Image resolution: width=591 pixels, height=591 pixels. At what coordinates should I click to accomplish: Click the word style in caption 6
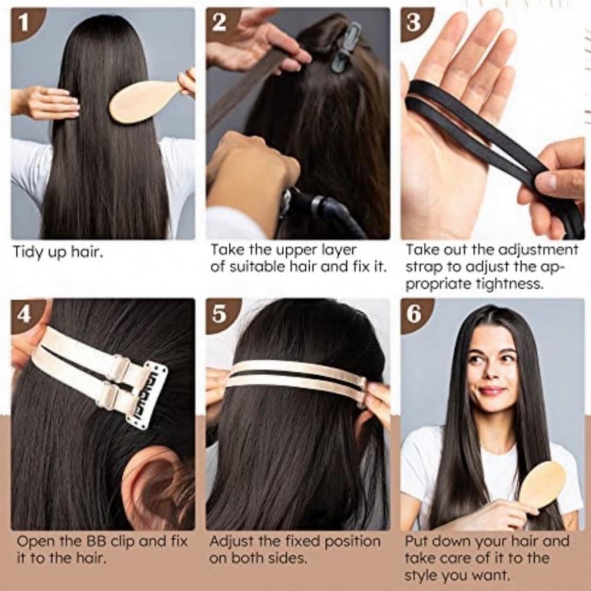click(x=421, y=575)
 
